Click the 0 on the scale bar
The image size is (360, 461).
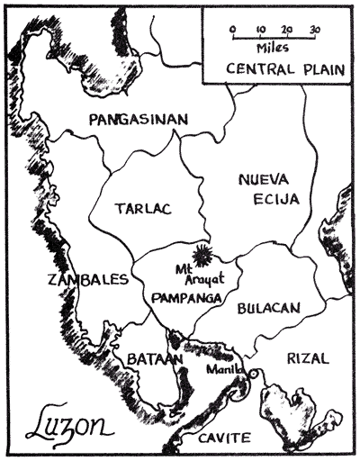[x=233, y=29]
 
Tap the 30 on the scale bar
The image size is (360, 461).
[x=315, y=29]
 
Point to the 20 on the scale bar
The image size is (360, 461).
[x=287, y=29]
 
